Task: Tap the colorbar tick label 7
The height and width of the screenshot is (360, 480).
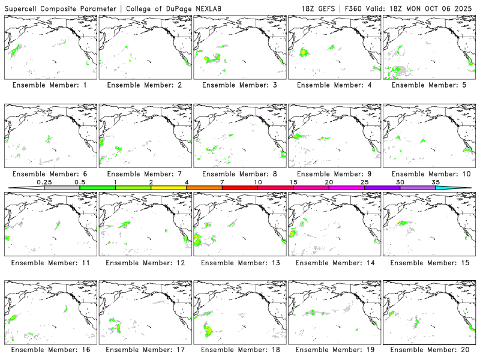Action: pyautogui.click(x=222, y=182)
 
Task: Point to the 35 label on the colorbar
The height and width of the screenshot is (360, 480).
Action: pyautogui.click(x=436, y=182)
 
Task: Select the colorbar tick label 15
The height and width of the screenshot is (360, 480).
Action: pyautogui.click(x=293, y=182)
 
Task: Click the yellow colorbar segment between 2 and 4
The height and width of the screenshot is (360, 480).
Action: pyautogui.click(x=169, y=188)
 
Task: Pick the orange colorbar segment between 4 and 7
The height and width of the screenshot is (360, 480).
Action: pyautogui.click(x=204, y=188)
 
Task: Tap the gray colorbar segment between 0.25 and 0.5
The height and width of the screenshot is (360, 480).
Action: pyautogui.click(x=62, y=188)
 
